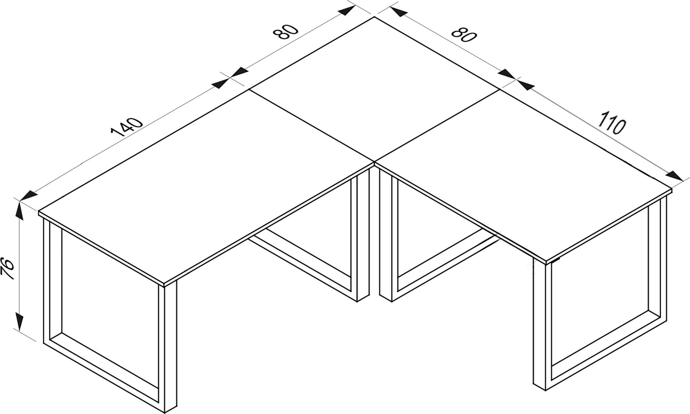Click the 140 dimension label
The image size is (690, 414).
tap(127, 127)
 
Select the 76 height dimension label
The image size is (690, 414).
tap(8, 269)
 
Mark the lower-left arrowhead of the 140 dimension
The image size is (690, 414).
tap(28, 196)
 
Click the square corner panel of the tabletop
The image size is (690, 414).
tap(374, 89)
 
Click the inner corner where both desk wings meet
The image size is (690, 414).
tap(374, 162)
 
